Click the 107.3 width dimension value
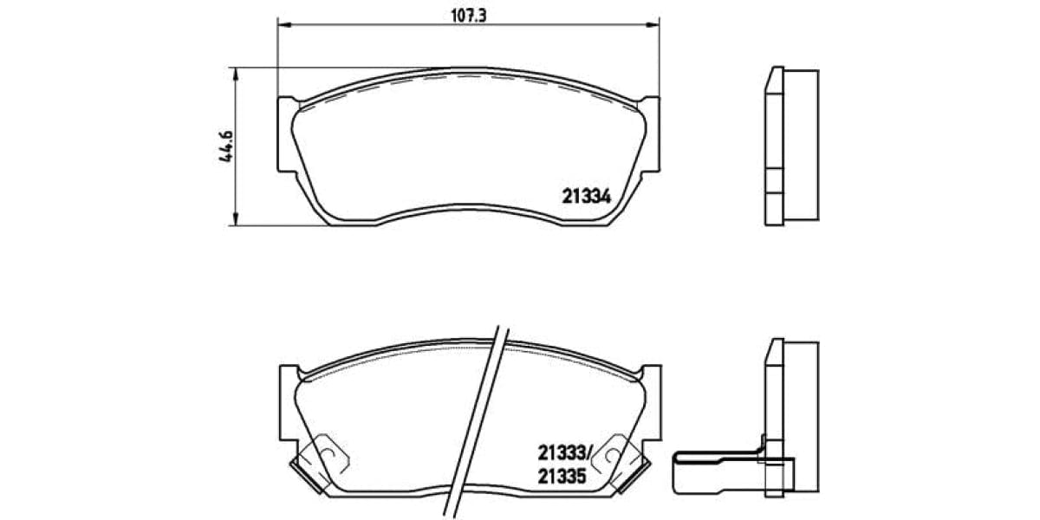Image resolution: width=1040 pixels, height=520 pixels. (467, 14)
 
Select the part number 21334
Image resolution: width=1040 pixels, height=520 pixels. (587, 197)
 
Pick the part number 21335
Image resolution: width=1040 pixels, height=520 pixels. (563, 475)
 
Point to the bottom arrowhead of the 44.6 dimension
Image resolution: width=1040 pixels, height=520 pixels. (235, 221)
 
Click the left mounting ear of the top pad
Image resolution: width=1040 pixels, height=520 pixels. (285, 134)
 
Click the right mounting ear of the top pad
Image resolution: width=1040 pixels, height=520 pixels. (650, 134)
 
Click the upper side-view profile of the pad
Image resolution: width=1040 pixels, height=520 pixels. (790, 145)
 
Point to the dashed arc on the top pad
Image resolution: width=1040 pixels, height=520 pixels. (468, 77)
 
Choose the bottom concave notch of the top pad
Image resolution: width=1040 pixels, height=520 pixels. (468, 212)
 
